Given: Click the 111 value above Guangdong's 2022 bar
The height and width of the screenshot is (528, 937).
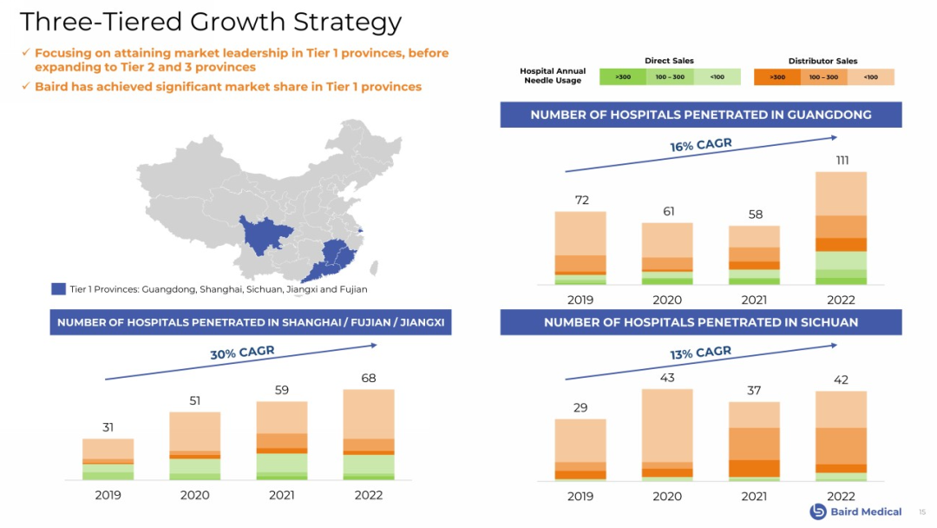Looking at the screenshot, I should pos(842,161).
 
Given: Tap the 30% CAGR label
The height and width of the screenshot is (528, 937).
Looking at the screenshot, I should pos(242,353).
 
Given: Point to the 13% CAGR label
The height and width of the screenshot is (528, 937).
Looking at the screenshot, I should pos(700,353).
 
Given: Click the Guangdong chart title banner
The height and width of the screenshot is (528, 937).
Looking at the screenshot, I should pos(700,115).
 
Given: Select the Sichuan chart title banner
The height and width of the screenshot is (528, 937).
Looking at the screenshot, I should pos(700,322).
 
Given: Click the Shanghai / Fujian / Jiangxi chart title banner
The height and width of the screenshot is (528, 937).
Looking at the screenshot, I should pos(251,322).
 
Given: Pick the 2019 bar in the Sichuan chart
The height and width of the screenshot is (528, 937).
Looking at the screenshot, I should pos(580,449).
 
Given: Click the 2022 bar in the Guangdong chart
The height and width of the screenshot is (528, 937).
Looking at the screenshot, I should pos(842,228).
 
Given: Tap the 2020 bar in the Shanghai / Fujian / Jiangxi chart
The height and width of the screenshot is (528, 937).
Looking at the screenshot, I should pos(195,445).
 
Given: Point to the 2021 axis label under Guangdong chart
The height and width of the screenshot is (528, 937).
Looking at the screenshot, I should pos(755,300).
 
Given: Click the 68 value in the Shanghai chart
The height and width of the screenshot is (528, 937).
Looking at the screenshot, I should pos(369,379).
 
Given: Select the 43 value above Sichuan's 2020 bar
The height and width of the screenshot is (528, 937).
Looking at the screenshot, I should pos(667,378).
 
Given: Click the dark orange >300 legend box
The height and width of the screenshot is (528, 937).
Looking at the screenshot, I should pos(776,77).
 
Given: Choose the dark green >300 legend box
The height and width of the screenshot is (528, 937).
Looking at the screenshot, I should pos(623,77).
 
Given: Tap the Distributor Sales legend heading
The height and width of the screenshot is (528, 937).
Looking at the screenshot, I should pos(822,61).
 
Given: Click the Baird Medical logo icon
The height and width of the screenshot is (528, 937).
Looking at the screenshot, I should pos(817,511).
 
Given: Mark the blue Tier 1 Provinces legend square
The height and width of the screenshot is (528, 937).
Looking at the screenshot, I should pos(59,289).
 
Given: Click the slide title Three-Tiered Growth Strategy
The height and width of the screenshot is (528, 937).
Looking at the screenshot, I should pos(211,22).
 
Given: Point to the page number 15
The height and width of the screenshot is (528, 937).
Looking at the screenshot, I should pos(922,512).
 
